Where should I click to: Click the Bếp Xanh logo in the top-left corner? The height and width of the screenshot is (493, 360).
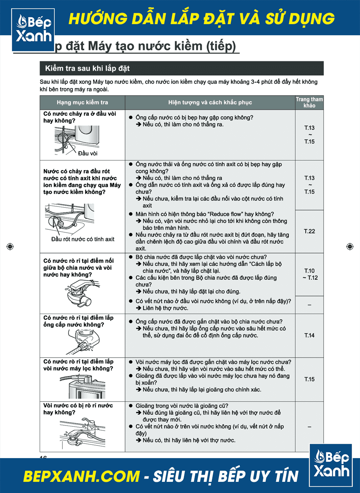click(x=33, y=30)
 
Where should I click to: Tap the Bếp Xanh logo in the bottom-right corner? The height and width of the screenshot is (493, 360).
click(x=331, y=465)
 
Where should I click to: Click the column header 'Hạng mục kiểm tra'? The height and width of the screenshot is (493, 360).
click(x=82, y=103)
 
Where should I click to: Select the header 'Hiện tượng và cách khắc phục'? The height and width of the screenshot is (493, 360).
click(x=210, y=103)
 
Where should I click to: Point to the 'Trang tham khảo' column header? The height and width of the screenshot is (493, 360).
click(x=309, y=102)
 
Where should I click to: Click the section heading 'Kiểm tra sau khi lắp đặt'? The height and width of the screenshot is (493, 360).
click(x=87, y=68)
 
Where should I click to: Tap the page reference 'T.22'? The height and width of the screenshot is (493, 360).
click(x=309, y=231)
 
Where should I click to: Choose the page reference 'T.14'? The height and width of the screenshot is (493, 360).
click(x=309, y=335)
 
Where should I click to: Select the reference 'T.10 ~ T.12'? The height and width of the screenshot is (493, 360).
click(x=310, y=274)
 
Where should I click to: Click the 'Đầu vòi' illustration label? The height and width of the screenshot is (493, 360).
click(x=88, y=153)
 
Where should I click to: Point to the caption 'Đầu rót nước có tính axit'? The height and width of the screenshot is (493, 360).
click(x=83, y=239)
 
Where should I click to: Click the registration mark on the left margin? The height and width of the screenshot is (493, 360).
click(x=10, y=246)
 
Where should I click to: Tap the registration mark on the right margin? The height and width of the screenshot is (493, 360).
click(x=350, y=246)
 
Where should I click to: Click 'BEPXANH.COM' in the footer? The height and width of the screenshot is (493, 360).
click(x=81, y=476)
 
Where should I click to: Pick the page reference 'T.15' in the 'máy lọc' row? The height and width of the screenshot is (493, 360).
click(x=309, y=379)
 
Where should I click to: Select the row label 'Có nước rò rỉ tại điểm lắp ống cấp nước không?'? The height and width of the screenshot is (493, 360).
click(x=78, y=321)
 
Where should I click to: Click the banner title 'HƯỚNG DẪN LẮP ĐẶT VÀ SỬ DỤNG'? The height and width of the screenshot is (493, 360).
click(x=202, y=19)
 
